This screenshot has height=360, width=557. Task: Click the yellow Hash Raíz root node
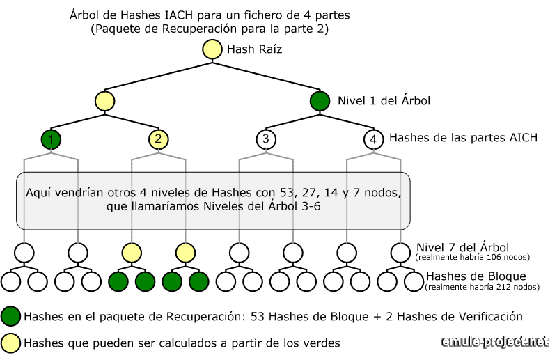coord(212,49)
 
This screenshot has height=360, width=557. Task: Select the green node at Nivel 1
coord(320,101)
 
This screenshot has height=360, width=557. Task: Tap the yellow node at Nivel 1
coord(104,101)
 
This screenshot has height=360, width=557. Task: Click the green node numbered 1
coord(51,139)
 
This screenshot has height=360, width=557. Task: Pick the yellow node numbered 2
coord(158,139)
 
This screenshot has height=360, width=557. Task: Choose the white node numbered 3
coord(265,139)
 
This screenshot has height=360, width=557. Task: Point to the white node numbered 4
coord(373,139)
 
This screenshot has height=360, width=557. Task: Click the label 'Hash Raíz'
coord(255,49)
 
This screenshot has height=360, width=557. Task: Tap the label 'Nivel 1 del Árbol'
coord(384,101)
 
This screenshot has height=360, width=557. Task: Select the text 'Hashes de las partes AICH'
coord(463,138)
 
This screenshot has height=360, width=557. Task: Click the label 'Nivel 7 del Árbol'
coord(462,247)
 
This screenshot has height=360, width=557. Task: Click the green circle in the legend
coord(11,316)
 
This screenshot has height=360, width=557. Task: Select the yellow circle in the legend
coord(11,343)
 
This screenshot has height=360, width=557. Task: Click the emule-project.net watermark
coord(495,342)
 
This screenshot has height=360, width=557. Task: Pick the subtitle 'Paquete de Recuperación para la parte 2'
coord(210,29)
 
